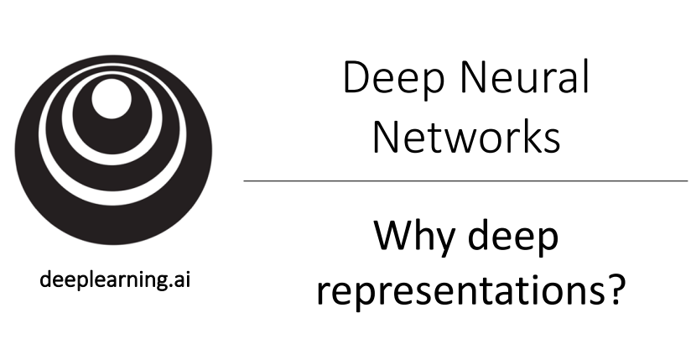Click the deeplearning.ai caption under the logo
[116, 279]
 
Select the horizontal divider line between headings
[465, 180]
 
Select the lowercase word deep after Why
[512, 239]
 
